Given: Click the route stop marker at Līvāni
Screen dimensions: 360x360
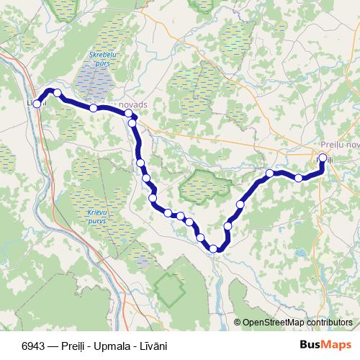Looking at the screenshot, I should pyautogui.click(x=37, y=104).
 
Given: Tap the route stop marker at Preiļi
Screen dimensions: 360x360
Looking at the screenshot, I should pyautogui.click(x=323, y=158).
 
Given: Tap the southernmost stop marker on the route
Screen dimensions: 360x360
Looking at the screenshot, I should pyautogui.click(x=213, y=248).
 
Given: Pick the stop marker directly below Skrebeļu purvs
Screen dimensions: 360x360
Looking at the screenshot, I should pyautogui.click(x=94, y=108).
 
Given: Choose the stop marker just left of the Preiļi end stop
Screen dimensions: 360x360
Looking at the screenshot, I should pyautogui.click(x=299, y=177).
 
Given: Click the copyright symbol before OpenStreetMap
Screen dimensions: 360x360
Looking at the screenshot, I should pyautogui.click(x=237, y=323).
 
